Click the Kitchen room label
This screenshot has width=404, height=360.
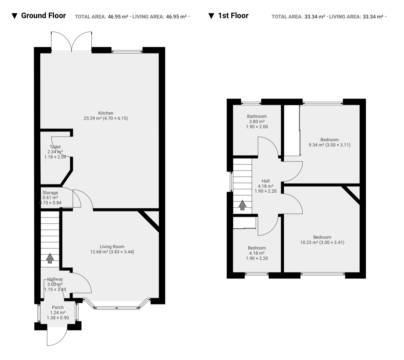106,113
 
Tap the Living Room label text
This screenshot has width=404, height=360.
112,247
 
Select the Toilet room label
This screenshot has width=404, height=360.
55,147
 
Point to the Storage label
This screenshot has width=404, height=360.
50,193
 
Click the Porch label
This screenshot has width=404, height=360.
58,307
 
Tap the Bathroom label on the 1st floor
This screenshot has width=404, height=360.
257,116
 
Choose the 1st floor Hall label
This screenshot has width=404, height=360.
265,181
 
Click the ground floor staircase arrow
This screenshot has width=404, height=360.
50,258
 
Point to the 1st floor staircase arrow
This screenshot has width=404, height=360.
242,205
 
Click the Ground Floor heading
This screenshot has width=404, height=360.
44,16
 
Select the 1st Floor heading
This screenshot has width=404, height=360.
233,16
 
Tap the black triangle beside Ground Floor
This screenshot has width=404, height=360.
15,16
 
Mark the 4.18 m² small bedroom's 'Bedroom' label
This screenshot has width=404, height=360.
257,248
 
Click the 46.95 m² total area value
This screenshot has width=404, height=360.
118,17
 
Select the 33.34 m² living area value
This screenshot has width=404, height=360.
373,17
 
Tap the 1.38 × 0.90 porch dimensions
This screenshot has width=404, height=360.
58,318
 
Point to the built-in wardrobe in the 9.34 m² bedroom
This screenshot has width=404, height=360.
292,131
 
